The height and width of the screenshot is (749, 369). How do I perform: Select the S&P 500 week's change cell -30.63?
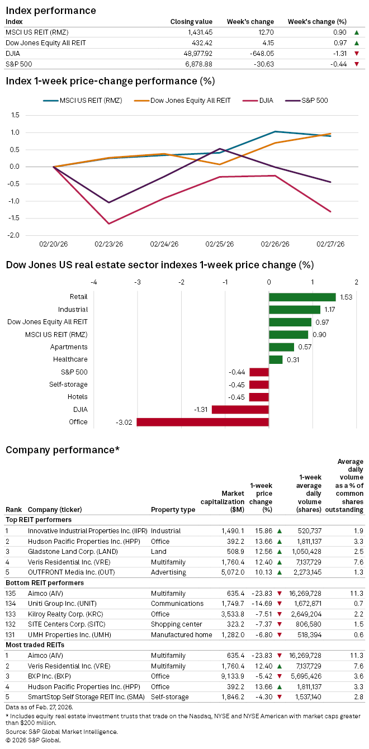coord(262,64)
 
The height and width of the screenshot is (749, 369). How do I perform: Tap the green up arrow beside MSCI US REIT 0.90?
coord(357,32)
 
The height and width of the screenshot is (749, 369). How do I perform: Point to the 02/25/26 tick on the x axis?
coord(219,244)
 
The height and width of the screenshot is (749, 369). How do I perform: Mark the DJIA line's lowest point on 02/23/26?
coord(109,224)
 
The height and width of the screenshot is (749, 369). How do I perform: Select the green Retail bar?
coord(302,297)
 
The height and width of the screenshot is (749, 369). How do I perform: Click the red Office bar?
coord(202,422)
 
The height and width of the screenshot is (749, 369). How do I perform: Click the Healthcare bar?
coord(276,359)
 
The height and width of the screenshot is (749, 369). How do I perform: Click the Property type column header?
coord(173,510)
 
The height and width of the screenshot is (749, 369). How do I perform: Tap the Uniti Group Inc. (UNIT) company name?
coord(59,604)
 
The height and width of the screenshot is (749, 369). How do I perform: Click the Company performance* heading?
coord(62,450)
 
